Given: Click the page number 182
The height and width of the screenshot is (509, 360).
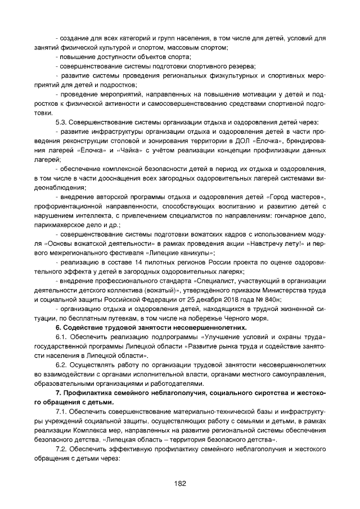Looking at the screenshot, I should click(180, 483).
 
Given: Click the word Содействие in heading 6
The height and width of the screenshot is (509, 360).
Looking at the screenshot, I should click(81, 327).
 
